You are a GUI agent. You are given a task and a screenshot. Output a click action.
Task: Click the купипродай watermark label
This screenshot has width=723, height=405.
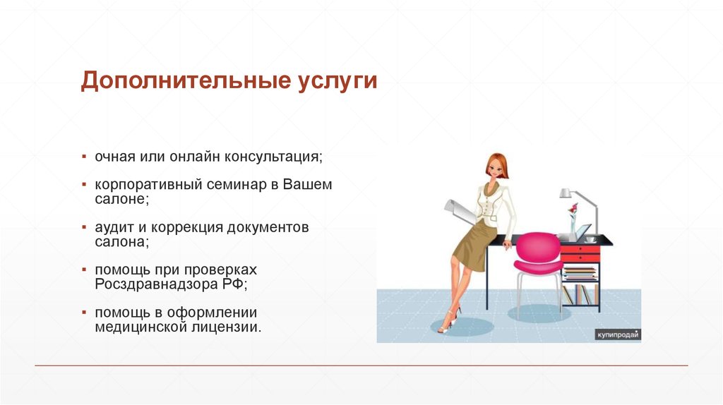pyautogui.click(x=618, y=334)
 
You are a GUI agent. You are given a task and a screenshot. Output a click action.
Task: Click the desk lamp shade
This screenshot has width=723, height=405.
pyautogui.click(x=566, y=193)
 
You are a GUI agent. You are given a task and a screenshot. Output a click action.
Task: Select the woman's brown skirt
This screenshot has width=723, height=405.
pyautogui.click(x=470, y=243)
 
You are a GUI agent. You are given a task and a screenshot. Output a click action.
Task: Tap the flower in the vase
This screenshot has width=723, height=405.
pyautogui.click(x=573, y=209)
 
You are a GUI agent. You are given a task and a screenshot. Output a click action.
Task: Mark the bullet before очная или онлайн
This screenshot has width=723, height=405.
pyautogui.click(x=84, y=156)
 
